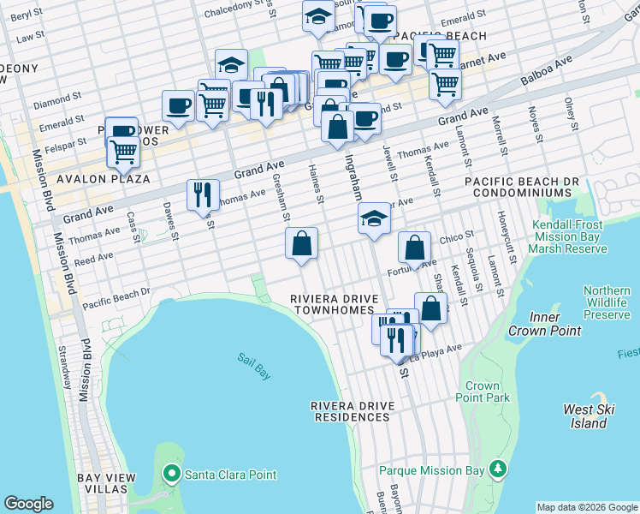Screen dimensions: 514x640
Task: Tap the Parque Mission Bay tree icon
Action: click(x=496, y=469)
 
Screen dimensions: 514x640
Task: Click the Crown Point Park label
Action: click(x=483, y=391)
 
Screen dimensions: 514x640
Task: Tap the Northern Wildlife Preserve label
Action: click(x=607, y=302)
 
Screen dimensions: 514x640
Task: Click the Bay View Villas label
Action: click(x=103, y=483)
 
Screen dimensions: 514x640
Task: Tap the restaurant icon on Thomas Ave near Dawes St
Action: click(x=204, y=195)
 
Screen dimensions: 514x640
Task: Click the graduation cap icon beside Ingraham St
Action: click(x=374, y=219)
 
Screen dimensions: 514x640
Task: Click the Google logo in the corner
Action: click(x=28, y=504)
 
